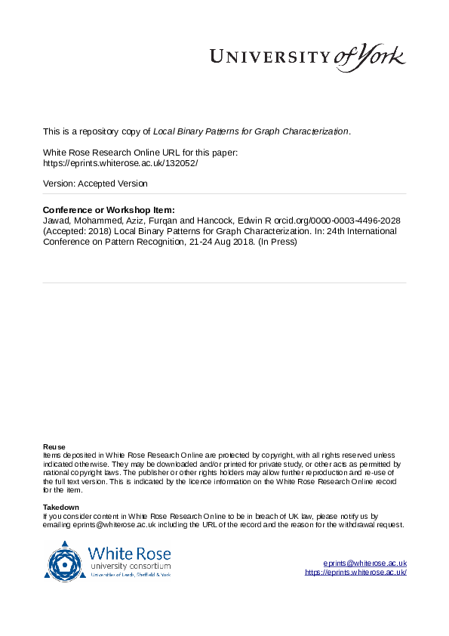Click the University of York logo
pyautogui.click(x=306, y=57)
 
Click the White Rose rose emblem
pyautogui.click(x=66, y=561)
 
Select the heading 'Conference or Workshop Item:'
pyautogui.click(x=109, y=210)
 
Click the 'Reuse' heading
pyautogui.click(x=54, y=446)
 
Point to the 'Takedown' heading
pyautogui.click(x=60, y=507)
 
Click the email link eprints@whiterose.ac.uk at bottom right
pyautogui.click(x=365, y=563)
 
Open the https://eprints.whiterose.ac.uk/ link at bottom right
pyautogui.click(x=355, y=573)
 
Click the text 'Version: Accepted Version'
pyautogui.click(x=95, y=184)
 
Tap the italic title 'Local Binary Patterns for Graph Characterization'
pyautogui.click(x=251, y=131)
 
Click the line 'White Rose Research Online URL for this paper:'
pyautogui.click(x=140, y=152)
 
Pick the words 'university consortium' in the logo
pyautogui.click(x=130, y=566)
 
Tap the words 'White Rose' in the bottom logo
pyautogui.click(x=122, y=552)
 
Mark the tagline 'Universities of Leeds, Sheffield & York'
pyautogui.click(x=131, y=575)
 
